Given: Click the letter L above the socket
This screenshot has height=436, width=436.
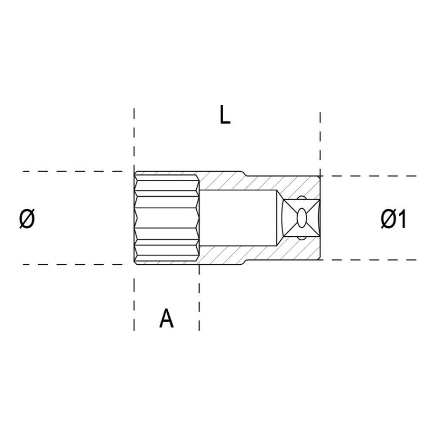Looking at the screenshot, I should coord(225,116).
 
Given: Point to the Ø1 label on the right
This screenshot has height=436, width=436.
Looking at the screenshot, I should coord(393,219).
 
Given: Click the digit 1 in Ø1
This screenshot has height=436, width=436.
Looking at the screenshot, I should coord(402,219).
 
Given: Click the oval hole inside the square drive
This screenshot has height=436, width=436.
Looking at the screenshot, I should coord(301,218).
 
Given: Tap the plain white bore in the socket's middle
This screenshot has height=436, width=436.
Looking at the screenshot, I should coord(238,218).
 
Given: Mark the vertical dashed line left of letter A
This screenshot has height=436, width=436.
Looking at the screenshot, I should coord(134,305).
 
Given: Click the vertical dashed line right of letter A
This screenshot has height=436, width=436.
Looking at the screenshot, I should coord(199,305).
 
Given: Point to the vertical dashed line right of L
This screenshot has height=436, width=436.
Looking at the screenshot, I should coord(320,140).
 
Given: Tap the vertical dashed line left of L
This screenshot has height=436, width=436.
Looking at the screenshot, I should coord(134,140).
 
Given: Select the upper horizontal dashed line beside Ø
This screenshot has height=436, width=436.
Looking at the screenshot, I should coord(74,171).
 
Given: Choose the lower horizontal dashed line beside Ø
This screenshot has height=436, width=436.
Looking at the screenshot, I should coord(74,265).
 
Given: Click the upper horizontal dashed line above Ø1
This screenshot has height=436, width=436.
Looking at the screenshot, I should coord(371,176).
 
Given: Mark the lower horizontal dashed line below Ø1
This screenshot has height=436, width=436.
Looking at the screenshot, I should coord(371,260).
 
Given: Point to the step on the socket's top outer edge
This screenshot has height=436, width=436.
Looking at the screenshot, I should coord(244,174).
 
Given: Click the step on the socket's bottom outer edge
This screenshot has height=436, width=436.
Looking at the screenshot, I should coord(244,262).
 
